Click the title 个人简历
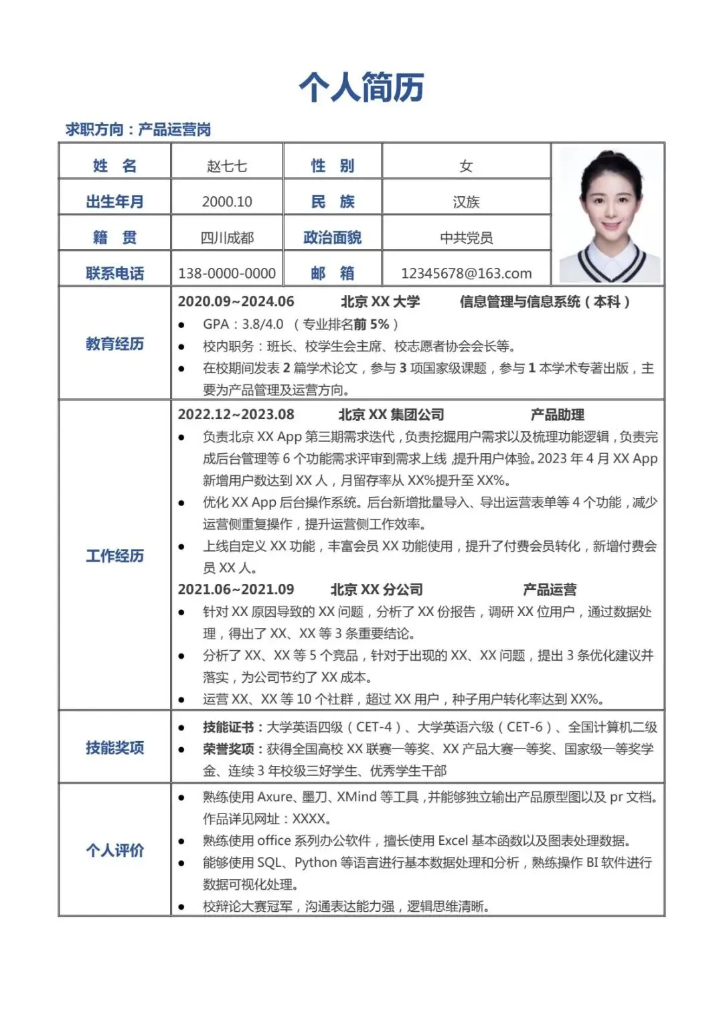tap(361, 88)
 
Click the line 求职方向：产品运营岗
tap(138, 129)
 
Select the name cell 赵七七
tap(227, 166)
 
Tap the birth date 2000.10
tap(227, 202)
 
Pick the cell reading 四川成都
tap(227, 238)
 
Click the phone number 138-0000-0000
tap(227, 273)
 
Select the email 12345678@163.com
tap(466, 273)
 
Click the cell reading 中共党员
tap(466, 238)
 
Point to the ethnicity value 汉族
tap(466, 202)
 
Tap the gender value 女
tap(466, 166)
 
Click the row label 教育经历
tap(114, 344)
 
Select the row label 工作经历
tap(114, 556)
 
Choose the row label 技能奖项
tap(114, 747)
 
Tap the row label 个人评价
tap(114, 850)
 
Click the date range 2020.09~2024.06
tap(236, 302)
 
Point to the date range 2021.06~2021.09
tap(236, 589)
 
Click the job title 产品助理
tap(557, 415)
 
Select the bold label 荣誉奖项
tap(228, 749)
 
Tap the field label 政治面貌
tap(332, 238)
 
